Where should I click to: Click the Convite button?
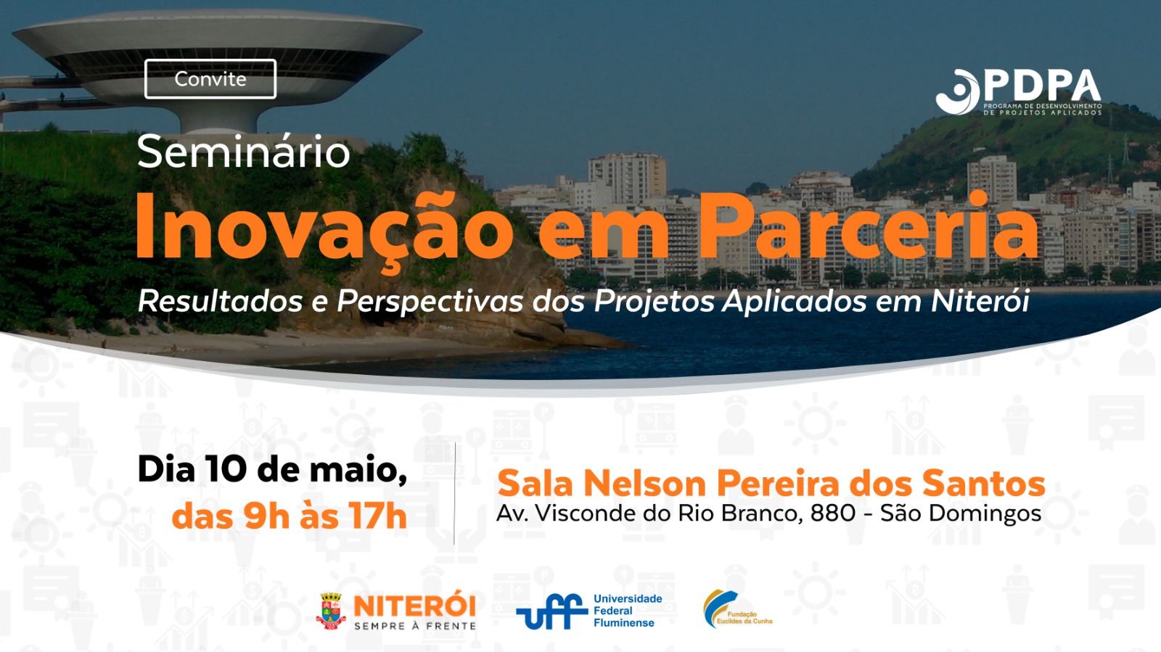pyautogui.click(x=210, y=79)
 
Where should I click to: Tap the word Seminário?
pyautogui.click(x=244, y=152)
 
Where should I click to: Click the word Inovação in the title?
pyautogui.click(x=324, y=228)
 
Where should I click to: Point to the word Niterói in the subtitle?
pyautogui.click(x=980, y=300)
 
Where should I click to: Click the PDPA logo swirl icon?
pyautogui.click(x=958, y=91)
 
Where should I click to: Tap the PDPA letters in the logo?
pyautogui.click(x=1042, y=86)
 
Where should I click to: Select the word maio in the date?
pyautogui.click(x=358, y=470)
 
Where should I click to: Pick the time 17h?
pyautogui.click(x=377, y=516)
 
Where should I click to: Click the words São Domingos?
pyautogui.click(x=961, y=514)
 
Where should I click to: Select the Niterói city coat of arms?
pyautogui.click(x=332, y=611)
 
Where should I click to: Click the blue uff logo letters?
pyautogui.click(x=552, y=611)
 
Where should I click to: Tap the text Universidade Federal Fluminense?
pyautogui.click(x=628, y=611)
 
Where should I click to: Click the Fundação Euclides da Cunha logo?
pyautogui.click(x=737, y=609)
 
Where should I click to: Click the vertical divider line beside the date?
pyautogui.click(x=454, y=493)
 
